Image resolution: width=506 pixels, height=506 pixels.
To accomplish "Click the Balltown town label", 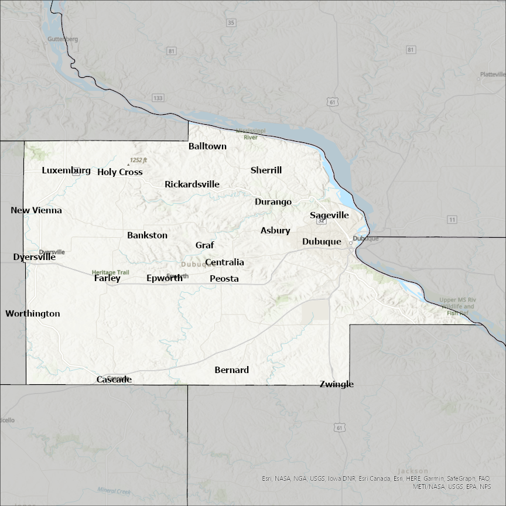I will point(207,146).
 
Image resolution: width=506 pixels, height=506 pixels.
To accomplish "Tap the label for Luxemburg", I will point(66,171).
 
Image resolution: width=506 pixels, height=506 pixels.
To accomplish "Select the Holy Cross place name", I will point(120,172).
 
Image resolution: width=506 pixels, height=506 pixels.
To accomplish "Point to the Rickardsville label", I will point(192,184).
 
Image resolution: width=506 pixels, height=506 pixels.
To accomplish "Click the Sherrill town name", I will point(266,170).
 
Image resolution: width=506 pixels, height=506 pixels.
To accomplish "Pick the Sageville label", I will point(329,216).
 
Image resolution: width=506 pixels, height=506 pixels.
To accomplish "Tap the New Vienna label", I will point(36,210).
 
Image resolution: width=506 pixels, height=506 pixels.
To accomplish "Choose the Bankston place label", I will point(147,235).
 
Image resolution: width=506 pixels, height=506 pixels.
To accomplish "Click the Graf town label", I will point(204,245).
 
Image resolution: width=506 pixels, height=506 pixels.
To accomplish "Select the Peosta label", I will point(224,279).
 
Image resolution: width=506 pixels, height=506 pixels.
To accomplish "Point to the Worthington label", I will point(33,314).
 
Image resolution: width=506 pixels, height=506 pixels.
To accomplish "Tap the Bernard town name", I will point(232,370).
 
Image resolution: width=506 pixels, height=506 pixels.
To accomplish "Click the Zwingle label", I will point(337,384).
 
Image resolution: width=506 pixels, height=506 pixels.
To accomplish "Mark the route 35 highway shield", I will point(231,23).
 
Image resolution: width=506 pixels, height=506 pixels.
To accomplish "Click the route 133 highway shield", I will point(158,98).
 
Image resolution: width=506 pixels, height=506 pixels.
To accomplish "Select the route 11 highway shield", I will point(452,220).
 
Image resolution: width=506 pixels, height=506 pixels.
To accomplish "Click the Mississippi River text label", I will point(251,134).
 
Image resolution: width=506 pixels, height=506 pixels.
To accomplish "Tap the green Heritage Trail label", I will point(110,272).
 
